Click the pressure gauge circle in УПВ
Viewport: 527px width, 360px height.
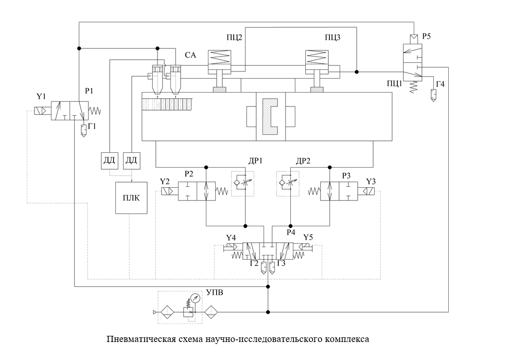[x=195, y=298]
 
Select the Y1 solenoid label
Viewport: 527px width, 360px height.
[x=41, y=96]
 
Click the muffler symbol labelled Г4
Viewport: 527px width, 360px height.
[x=433, y=95]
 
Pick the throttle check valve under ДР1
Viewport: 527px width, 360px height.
[x=242, y=183]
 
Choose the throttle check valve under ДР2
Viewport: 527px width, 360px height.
[x=287, y=183]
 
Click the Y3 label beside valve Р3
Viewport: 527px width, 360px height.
[x=371, y=182]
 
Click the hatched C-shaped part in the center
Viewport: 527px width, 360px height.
[x=271, y=116]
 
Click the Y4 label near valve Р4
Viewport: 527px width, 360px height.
[x=231, y=238]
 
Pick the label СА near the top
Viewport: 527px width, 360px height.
[x=190, y=55]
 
